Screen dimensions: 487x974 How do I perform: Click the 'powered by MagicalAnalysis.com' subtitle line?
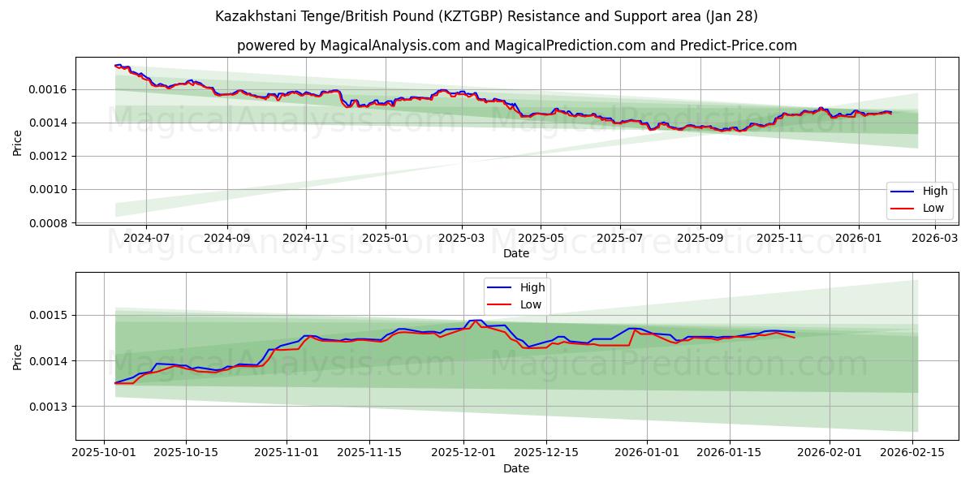[516, 45]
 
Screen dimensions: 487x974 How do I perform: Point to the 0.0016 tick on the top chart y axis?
[48, 89]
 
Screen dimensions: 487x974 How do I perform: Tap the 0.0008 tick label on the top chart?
[48, 223]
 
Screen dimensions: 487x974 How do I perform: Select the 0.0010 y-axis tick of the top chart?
[48, 190]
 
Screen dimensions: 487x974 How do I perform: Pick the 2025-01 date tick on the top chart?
[385, 238]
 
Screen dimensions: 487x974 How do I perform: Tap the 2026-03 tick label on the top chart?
[935, 238]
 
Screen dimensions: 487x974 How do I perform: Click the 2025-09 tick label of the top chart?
[700, 238]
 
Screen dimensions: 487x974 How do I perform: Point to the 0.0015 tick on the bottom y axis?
[48, 315]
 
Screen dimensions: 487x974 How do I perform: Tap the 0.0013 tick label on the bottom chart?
[48, 407]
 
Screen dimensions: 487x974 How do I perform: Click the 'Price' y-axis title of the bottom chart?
[18, 356]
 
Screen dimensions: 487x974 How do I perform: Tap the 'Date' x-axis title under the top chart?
[516, 253]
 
